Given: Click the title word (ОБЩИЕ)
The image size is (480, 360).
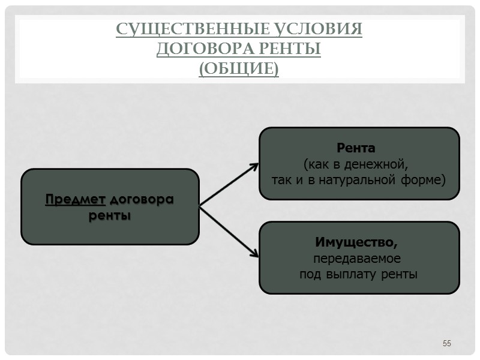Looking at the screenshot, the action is click(x=239, y=69).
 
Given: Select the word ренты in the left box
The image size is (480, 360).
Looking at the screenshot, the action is click(x=110, y=215).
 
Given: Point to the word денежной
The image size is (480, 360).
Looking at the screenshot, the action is click(x=380, y=163).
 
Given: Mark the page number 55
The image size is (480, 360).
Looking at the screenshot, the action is click(x=446, y=343).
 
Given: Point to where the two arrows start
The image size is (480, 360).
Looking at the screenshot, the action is click(x=200, y=206).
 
